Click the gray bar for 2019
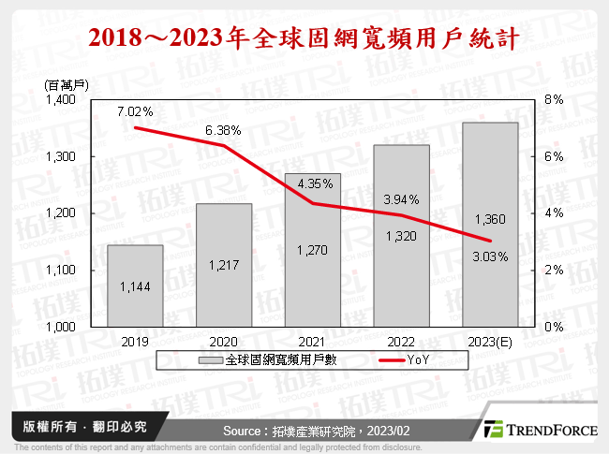click(x=135, y=286)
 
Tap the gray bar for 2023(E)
click(x=491, y=225)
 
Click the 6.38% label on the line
click(x=223, y=130)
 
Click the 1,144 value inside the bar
click(x=135, y=286)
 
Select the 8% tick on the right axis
click(x=553, y=99)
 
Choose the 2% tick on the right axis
click(x=553, y=271)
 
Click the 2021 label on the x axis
click(x=313, y=343)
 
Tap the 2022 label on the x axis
click(x=402, y=343)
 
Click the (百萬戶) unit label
click(x=65, y=84)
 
